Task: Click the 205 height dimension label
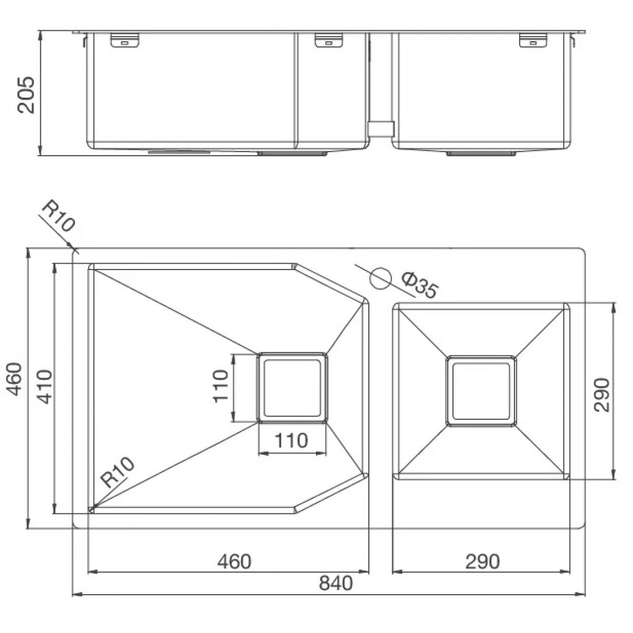click(26, 95)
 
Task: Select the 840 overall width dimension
click(336, 583)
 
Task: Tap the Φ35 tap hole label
click(420, 285)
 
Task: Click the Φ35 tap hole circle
click(381, 278)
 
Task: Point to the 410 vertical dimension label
click(45, 387)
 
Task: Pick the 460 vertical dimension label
click(15, 379)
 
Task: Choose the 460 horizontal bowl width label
click(234, 561)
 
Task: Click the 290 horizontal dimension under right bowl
click(482, 561)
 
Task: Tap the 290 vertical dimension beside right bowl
click(601, 395)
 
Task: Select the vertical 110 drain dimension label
click(221, 386)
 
